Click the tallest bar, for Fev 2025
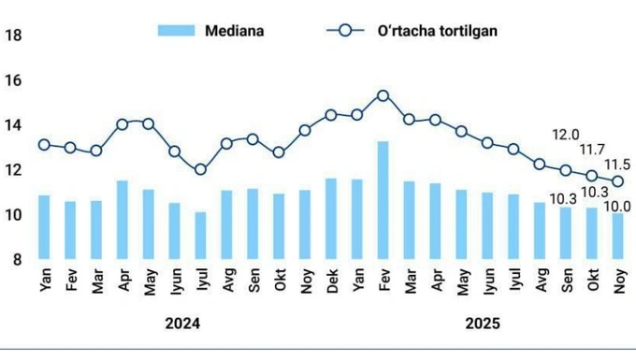383,200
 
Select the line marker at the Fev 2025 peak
383,95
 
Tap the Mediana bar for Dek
330,219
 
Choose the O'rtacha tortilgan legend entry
412,30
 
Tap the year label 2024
182,324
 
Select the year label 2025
483,324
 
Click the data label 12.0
565,134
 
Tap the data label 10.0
618,206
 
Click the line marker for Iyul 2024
200,170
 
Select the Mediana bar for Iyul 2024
200,236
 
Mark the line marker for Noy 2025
618,181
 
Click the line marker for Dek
330,115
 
